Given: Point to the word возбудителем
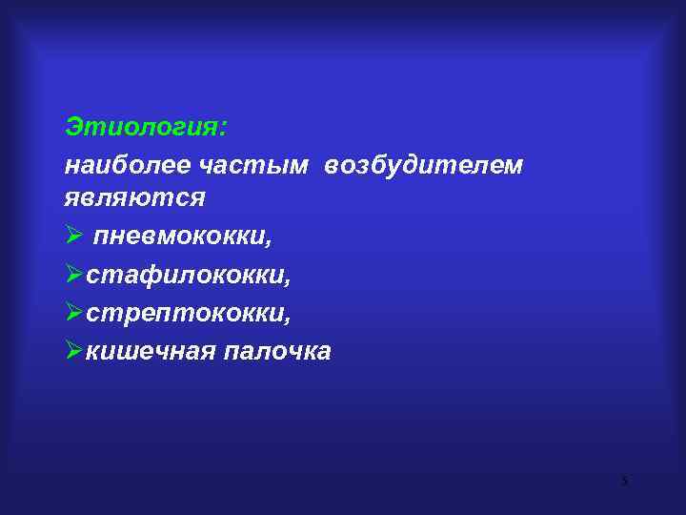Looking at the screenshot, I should click(x=423, y=164).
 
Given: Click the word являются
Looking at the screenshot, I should click(x=134, y=197).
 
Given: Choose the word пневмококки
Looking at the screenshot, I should click(x=187, y=236).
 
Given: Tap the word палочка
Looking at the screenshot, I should click(x=277, y=351).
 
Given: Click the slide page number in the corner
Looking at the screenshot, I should click(x=625, y=481).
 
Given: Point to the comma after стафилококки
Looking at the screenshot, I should click(x=288, y=281).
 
